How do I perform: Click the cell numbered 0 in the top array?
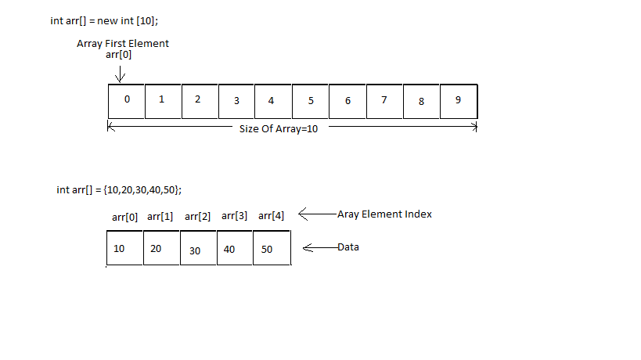coord(127,101)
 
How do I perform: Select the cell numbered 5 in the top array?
coord(311,101)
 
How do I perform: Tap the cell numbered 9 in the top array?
coord(459,101)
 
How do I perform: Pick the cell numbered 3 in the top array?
coord(237,101)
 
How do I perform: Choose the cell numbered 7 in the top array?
coord(384,101)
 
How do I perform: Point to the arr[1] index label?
coord(160,216)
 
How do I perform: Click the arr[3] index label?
coord(235,215)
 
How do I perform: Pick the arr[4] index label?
coord(271,215)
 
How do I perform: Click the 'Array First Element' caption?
coord(123,43)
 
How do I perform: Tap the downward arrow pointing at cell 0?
coord(120,72)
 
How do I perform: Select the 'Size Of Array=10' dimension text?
coord(279,129)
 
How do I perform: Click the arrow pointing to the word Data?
coord(319,248)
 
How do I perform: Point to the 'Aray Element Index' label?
coord(384,214)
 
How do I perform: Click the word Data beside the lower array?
coord(348,247)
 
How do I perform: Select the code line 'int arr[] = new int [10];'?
coord(103,20)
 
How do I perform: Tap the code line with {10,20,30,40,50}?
coord(120,189)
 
